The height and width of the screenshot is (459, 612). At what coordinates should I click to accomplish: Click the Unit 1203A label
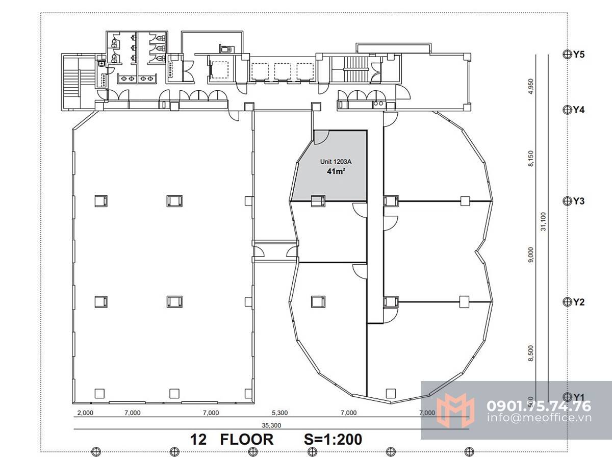click(x=336, y=162)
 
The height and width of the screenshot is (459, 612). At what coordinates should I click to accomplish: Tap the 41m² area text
click(x=336, y=171)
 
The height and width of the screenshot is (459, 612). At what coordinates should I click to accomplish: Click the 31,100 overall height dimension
click(x=544, y=221)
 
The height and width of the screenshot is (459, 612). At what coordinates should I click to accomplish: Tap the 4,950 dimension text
click(x=530, y=86)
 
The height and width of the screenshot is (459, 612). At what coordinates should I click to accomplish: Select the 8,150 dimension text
click(x=530, y=159)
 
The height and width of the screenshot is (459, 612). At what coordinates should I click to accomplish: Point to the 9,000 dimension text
click(x=530, y=254)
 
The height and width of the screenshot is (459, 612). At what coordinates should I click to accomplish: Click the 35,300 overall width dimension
click(x=271, y=425)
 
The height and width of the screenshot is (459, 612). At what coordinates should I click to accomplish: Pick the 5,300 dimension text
click(x=279, y=413)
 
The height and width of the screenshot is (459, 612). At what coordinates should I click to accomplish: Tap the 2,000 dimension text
click(x=85, y=413)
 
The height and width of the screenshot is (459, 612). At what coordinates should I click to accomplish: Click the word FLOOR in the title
click(x=247, y=440)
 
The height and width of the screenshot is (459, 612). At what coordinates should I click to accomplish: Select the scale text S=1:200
click(x=333, y=440)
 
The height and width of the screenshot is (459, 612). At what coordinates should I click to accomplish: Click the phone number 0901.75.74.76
click(x=539, y=406)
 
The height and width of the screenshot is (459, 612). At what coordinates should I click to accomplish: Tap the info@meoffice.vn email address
click(x=539, y=418)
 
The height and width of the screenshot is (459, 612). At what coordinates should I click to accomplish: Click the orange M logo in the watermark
click(x=455, y=410)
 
